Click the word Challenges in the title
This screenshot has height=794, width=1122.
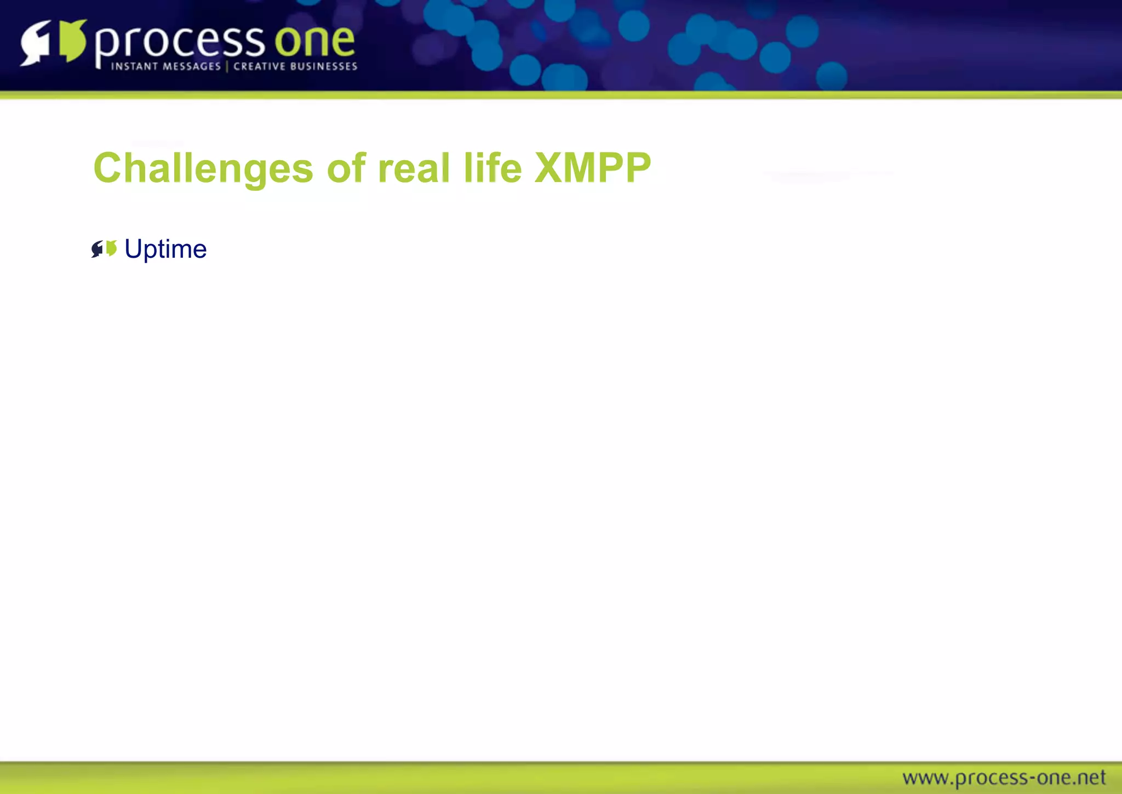tap(203, 168)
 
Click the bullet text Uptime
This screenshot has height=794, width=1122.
tap(165, 249)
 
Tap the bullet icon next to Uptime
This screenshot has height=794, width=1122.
tap(104, 249)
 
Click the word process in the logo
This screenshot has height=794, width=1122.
tap(180, 43)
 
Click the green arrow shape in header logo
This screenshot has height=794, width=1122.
tap(72, 41)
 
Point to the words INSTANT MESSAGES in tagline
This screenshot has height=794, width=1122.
tap(166, 66)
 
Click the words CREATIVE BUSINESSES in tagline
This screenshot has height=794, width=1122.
tap(295, 66)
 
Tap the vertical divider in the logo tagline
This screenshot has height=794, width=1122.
tap(227, 66)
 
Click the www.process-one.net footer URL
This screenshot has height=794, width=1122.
tap(1004, 778)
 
